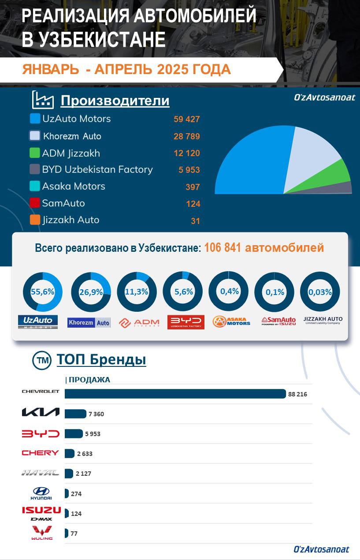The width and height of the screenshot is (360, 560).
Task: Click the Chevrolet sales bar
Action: point(175,394)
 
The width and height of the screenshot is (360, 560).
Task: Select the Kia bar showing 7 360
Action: point(75,414)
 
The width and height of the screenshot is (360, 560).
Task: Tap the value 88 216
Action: point(297,394)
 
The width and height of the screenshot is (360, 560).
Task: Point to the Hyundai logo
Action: point(41,493)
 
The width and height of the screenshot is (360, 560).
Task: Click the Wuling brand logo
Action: point(41,533)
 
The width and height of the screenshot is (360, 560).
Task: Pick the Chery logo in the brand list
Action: point(40,453)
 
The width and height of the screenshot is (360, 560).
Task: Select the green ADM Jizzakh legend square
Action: point(35,153)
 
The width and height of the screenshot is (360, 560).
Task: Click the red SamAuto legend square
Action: point(35,203)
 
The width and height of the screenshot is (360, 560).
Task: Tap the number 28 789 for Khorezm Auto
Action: point(186,136)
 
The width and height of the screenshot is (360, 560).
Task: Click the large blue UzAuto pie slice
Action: point(256,163)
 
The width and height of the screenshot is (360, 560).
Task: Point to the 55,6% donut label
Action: point(42,292)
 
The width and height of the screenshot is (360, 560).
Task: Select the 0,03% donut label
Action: point(320,292)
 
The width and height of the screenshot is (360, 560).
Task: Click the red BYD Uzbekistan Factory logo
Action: point(186,322)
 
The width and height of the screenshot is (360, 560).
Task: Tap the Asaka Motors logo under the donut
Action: point(231,322)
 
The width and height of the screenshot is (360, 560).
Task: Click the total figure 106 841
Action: point(222,248)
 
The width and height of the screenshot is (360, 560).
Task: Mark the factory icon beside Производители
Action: point(43,100)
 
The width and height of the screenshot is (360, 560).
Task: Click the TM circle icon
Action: point(42,360)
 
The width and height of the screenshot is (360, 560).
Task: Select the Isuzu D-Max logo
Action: point(41,513)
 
